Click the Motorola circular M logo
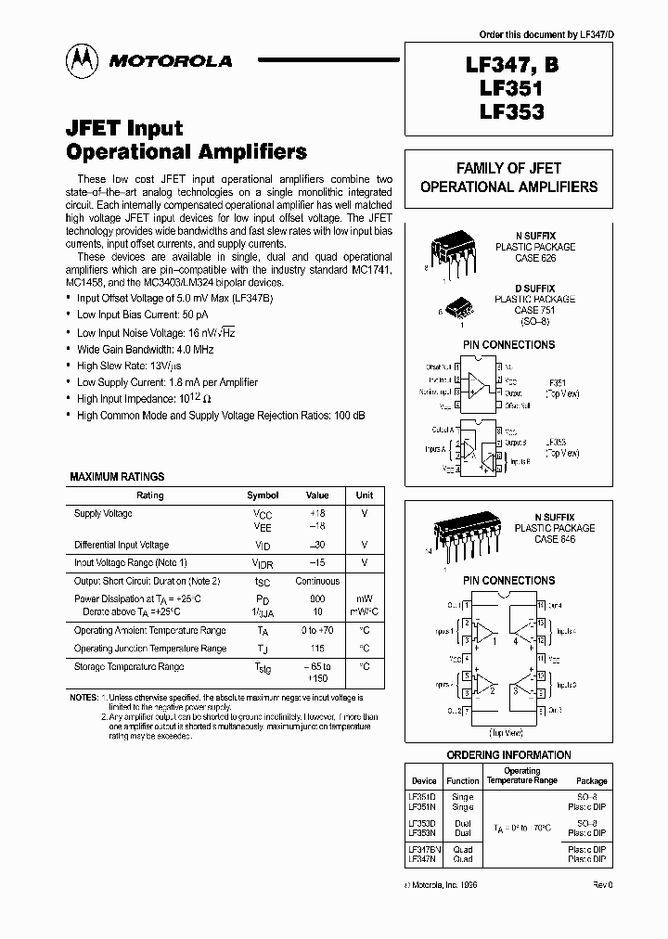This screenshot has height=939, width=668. click(82, 61)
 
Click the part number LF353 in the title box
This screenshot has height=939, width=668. click(511, 112)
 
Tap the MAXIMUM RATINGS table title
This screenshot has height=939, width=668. click(117, 477)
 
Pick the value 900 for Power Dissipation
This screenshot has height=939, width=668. click(317, 599)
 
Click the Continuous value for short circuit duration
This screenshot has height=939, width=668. click(317, 581)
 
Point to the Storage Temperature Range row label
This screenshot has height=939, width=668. click(129, 667)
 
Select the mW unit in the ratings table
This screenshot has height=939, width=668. click(365, 599)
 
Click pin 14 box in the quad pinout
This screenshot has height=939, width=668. click(540, 604)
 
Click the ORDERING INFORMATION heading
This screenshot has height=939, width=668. click(508, 755)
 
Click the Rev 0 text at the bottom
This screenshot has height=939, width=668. click(603, 886)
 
